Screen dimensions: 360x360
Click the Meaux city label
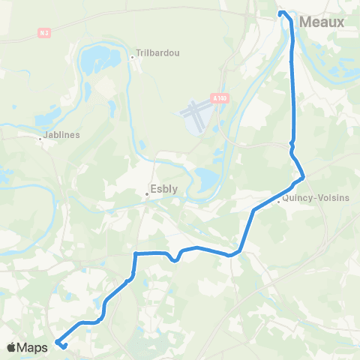(322, 22)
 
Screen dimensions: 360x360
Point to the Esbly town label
(164, 189)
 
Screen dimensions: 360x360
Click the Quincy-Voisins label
(308, 199)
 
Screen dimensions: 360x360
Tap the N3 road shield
(44, 34)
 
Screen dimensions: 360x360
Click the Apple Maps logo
(28, 347)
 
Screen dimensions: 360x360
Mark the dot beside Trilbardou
(131, 55)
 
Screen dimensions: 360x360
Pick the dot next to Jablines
(41, 137)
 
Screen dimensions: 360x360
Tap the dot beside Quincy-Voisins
(279, 199)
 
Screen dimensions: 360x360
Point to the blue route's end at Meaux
(281, 13)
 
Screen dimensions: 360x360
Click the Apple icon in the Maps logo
(12, 347)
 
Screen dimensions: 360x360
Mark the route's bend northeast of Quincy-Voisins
(302, 177)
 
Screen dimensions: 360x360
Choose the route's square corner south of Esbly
(136, 253)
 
